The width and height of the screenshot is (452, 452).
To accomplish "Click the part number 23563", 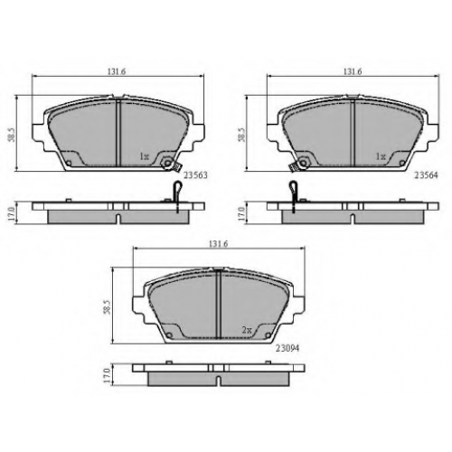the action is [195, 175].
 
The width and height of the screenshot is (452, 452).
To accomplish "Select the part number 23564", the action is [426, 175].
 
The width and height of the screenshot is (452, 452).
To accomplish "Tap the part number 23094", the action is [287, 348].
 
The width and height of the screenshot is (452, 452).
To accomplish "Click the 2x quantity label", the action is [247, 330].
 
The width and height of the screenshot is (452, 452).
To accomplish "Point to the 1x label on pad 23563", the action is [144, 156].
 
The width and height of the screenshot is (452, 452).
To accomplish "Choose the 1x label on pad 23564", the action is [381, 156].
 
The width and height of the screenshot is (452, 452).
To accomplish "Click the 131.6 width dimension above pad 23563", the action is [117, 71].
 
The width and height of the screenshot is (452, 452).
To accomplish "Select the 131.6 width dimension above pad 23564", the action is [353, 71].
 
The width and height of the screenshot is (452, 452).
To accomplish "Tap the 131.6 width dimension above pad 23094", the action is [219, 244].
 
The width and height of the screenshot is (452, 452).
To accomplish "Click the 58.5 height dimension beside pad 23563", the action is [12, 135].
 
